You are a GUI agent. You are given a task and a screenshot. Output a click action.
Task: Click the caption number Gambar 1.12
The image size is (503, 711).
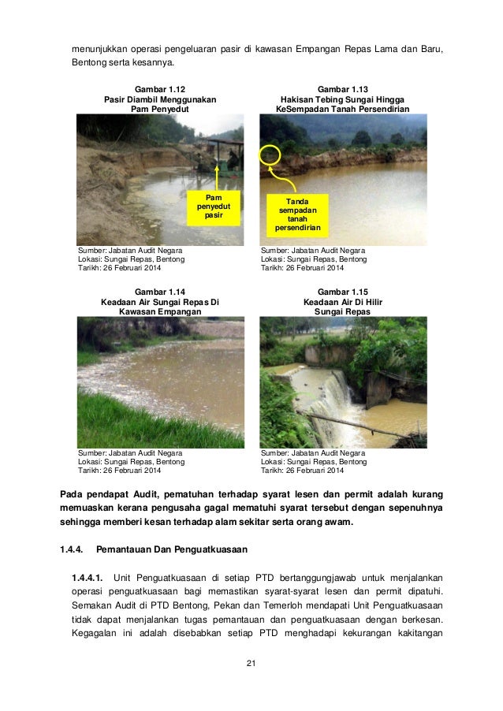[160, 90]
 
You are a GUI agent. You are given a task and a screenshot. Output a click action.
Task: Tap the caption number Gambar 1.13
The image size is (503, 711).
[343, 90]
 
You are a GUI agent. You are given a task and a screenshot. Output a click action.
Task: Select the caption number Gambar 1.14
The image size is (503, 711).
[160, 292]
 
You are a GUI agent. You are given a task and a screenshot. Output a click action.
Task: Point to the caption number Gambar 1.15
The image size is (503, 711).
[343, 292]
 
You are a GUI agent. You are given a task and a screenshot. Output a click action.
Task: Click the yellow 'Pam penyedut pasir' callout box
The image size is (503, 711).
[213, 206]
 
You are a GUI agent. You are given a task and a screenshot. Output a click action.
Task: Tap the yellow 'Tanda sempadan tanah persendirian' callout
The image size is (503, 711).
[297, 215]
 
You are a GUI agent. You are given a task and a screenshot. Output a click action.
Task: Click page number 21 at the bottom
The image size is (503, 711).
[251, 667]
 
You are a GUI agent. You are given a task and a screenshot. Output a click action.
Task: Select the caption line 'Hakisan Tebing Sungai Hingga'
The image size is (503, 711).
[343, 100]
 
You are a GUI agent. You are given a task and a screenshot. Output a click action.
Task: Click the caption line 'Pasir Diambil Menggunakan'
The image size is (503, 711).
[160, 100]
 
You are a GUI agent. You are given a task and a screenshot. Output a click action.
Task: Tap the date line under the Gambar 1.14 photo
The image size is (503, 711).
[119, 471]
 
